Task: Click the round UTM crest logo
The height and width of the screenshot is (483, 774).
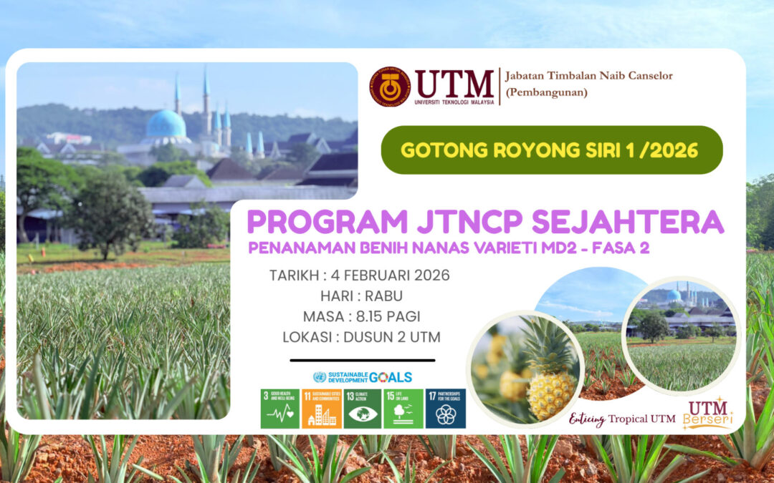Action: pos(390,87)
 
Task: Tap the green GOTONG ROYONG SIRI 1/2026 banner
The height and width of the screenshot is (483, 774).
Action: pos(551,150)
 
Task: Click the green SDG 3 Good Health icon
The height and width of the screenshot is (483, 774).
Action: pos(279,409)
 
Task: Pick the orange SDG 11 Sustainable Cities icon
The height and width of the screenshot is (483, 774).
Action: pos(320,409)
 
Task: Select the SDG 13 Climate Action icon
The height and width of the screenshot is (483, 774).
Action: pos(362,409)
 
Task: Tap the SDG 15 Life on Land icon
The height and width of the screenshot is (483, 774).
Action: pos(403,409)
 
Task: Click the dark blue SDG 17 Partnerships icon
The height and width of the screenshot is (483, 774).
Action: pos(445,409)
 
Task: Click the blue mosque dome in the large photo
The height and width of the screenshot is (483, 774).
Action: pos(166,125)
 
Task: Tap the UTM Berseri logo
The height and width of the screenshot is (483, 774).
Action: pos(708,413)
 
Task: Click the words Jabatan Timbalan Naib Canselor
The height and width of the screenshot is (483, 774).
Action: pos(588,76)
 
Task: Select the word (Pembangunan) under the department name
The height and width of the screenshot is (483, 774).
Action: pos(546,92)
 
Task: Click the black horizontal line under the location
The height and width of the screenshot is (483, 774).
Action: pos(362,361)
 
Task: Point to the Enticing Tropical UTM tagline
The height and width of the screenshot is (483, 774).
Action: pos(621,419)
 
